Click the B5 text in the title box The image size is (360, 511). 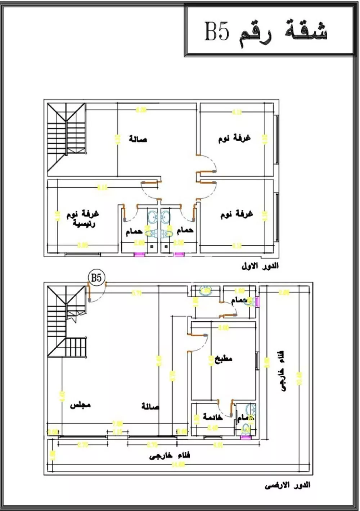217,31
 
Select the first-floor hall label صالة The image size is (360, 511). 138,139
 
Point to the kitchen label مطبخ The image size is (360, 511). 224,358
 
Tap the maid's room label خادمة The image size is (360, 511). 213,417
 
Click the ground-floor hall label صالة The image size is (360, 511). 150,407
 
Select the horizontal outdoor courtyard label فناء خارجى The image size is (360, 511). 170,456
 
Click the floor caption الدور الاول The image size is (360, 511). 260,266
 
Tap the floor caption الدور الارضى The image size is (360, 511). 287,485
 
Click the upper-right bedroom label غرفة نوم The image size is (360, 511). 234,138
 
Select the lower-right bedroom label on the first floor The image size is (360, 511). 237,214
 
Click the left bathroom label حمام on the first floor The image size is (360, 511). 134,232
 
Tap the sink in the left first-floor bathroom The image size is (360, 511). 153,217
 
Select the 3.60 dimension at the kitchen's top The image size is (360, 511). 224,327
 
